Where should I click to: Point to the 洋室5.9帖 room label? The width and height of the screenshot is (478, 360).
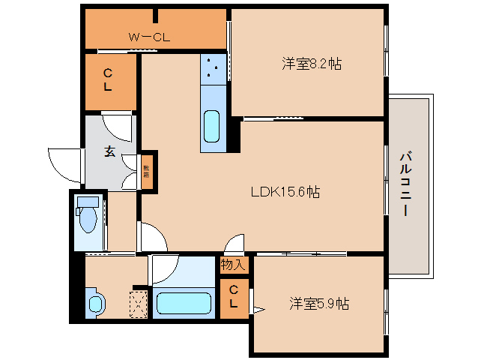click(x=319, y=304)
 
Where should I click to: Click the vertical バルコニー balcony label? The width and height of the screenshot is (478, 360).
click(x=405, y=184)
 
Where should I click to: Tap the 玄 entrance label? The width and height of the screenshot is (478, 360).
click(x=109, y=151)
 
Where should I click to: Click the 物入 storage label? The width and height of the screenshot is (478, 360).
click(x=233, y=264)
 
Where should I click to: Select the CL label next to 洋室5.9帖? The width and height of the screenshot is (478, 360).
click(x=234, y=297)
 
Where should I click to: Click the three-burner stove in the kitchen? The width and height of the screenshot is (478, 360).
click(x=213, y=69)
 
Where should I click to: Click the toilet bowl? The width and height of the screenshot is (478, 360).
click(x=88, y=218)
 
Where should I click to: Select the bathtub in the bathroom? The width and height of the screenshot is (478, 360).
click(x=183, y=304)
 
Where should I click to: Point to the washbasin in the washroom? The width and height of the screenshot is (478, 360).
click(x=95, y=304)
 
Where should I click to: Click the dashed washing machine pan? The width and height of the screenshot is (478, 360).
click(x=139, y=304)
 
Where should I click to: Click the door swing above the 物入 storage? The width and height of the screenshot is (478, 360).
click(x=235, y=245)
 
